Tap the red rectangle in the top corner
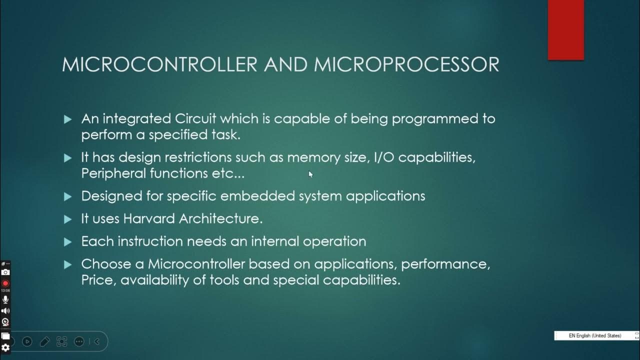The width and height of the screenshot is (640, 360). [x=565, y=30]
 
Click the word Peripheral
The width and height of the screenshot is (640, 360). [x=113, y=173]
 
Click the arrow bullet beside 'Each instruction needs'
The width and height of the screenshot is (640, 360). [x=68, y=242]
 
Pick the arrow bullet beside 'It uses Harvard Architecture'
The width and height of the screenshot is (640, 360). [x=68, y=219]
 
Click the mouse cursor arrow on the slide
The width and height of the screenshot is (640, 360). [x=310, y=174]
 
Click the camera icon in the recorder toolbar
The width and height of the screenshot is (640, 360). [x=5, y=272]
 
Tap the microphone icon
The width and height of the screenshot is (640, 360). [x=5, y=299]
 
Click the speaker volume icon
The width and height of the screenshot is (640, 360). [x=5, y=310]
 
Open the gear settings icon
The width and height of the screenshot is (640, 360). [x=5, y=347]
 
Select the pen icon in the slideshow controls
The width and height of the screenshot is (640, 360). [x=44, y=341]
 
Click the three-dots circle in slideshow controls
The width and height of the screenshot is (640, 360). [x=79, y=341]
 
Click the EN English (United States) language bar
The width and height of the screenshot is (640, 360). [x=595, y=335]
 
